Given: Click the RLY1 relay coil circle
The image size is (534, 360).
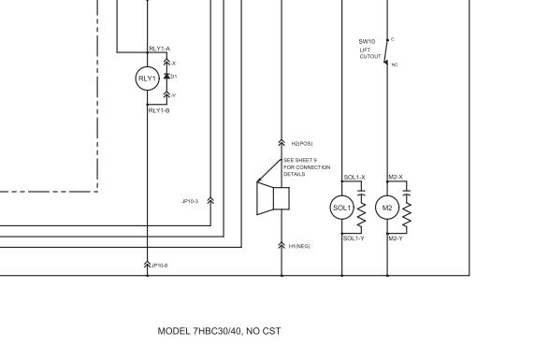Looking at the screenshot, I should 147,79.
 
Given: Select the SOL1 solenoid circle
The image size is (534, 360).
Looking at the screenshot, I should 341,207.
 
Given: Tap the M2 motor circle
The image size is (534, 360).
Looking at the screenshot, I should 387,207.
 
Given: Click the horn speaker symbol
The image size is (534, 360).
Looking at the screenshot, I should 273,199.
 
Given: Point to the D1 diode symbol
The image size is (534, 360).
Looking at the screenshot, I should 167,76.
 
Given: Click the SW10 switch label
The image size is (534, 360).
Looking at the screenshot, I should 366,41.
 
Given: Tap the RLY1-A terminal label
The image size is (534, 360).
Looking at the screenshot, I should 159,48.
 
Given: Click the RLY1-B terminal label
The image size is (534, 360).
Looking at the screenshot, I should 159,110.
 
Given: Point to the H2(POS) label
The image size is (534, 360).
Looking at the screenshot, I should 301,143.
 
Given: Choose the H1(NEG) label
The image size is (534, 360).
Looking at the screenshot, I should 299,246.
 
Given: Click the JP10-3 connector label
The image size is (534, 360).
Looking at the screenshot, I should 190,200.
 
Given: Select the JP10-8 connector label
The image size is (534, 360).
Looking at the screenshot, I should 160,266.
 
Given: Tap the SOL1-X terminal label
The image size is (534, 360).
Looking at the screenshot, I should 354,177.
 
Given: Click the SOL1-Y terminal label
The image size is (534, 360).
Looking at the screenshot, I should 354,238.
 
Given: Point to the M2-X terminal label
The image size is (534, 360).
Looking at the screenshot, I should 396,177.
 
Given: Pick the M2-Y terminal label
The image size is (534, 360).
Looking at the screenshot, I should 396,238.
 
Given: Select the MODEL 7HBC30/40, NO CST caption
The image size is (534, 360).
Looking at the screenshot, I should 219,331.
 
